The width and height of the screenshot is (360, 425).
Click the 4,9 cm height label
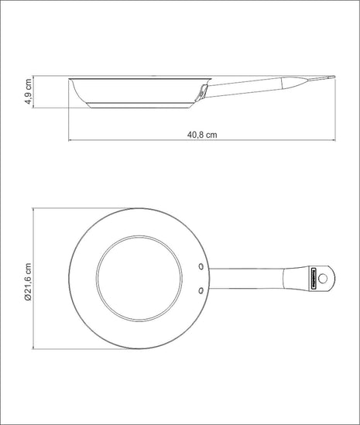coord(28,91)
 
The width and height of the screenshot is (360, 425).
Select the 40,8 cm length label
coord(202,133)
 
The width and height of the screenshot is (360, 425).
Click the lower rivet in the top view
coord(201,290)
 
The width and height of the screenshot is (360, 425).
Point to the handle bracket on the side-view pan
coord(203,92)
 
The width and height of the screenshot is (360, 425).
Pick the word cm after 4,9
coord(28,82)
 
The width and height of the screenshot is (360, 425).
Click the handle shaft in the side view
coord(248,83)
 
